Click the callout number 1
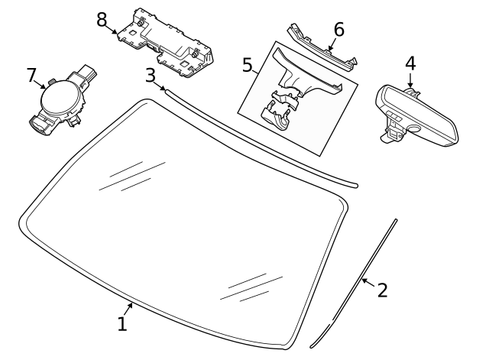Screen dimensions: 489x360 (x=122, y=323)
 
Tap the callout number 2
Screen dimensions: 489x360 (x=382, y=290)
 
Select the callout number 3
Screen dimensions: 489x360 (x=151, y=76)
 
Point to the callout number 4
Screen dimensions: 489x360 (x=410, y=63)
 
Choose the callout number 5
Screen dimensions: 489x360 (x=247, y=65)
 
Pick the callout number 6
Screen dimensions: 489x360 (x=339, y=30)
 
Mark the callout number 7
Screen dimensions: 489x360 (x=31, y=75)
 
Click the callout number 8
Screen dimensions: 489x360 (x=102, y=20)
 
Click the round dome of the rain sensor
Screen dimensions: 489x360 (x=61, y=99)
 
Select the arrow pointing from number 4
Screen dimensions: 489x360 (x=410, y=79)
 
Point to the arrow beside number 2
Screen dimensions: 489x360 (x=368, y=283)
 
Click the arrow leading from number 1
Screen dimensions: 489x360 (x=128, y=310)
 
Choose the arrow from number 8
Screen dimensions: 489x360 (x=112, y=29)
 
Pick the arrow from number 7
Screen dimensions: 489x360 (x=40, y=84)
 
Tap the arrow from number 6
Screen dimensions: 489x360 (x=332, y=44)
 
